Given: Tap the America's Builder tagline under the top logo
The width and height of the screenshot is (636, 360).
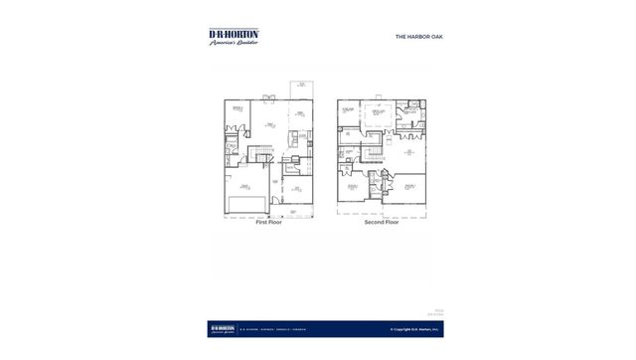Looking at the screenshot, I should (234, 42).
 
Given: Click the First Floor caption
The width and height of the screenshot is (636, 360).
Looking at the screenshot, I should (269, 223).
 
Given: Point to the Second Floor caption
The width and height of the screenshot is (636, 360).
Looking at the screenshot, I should (382, 223).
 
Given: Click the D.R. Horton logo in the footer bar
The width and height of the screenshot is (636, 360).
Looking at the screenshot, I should (225, 327).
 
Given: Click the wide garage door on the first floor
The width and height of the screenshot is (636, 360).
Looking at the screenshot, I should (244, 206).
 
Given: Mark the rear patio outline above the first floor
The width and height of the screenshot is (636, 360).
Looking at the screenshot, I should (299, 90).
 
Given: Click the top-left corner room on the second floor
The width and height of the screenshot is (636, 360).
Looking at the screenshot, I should (348, 111).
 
